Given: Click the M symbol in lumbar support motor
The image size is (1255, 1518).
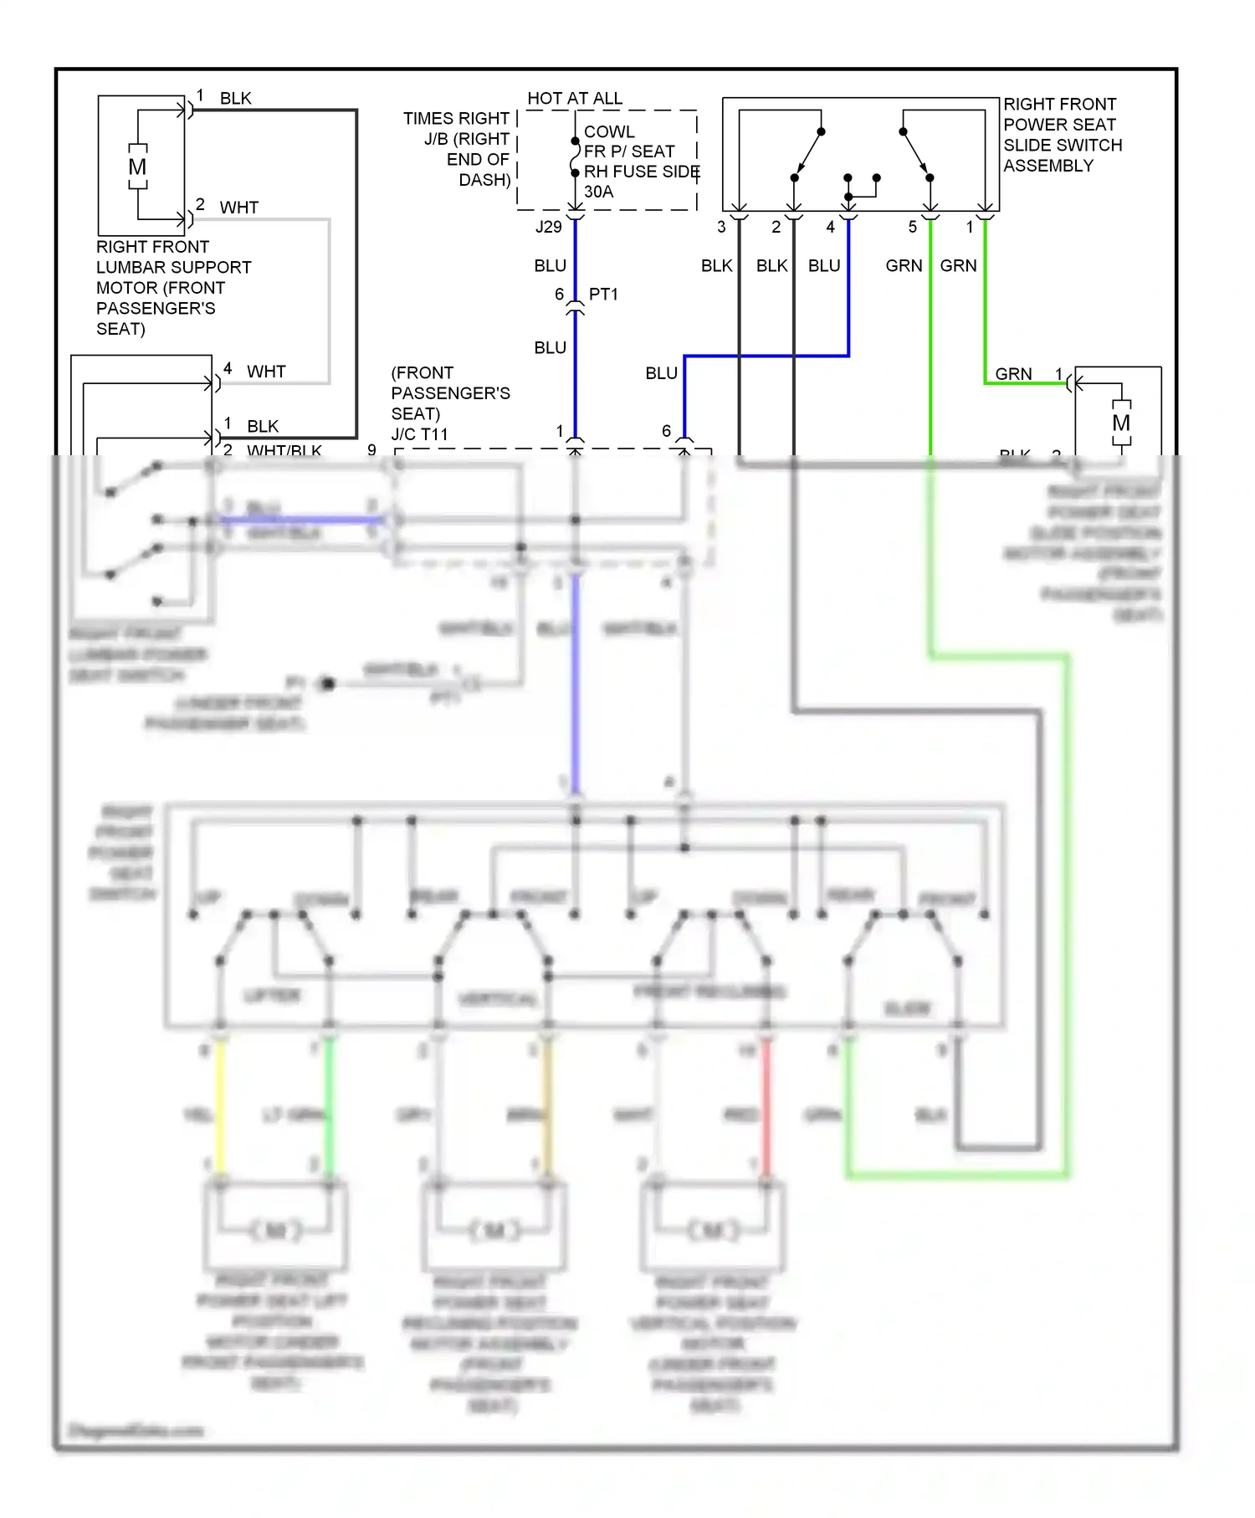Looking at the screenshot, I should click(x=137, y=167).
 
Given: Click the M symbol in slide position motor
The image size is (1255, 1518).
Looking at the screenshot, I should click(x=1121, y=423).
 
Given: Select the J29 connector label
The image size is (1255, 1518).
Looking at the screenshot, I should click(x=549, y=227).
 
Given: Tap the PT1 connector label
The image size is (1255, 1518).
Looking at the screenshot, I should click(x=603, y=295).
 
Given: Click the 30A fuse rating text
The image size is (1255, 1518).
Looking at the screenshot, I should click(x=598, y=192).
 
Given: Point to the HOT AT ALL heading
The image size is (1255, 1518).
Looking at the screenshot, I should click(x=575, y=99).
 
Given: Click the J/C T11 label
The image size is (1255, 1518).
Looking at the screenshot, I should click(x=419, y=434).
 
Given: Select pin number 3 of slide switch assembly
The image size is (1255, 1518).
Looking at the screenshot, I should click(x=721, y=227).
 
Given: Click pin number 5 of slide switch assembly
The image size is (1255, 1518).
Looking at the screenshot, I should click(x=913, y=227).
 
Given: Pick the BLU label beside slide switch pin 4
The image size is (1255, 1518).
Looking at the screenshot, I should click(x=824, y=266).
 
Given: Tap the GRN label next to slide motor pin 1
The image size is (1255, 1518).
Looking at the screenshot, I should click(x=1013, y=374).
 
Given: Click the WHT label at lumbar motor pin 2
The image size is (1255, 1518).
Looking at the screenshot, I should click(x=239, y=208).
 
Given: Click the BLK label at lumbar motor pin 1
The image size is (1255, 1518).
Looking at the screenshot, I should click(x=235, y=99).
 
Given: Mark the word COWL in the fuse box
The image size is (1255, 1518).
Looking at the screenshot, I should click(x=609, y=132).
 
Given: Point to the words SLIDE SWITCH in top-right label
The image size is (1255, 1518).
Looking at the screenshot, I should click(x=1063, y=145).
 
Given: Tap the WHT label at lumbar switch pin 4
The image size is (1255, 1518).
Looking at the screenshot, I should click(x=266, y=372).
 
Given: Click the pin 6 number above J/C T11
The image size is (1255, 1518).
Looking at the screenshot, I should click(x=666, y=431).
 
